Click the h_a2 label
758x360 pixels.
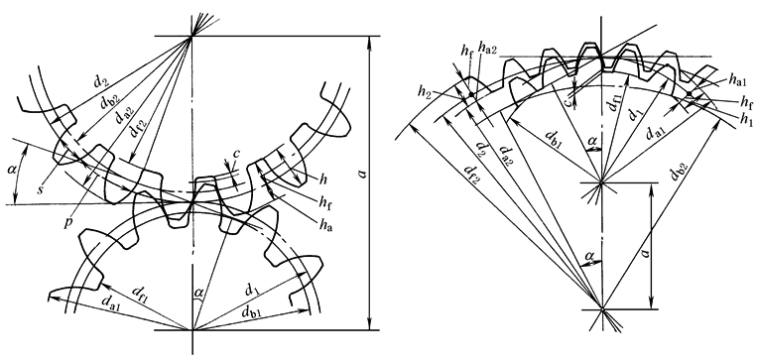click(487, 47)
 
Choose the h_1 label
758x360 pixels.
click(747, 119)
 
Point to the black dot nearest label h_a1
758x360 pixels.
click(689, 94)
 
